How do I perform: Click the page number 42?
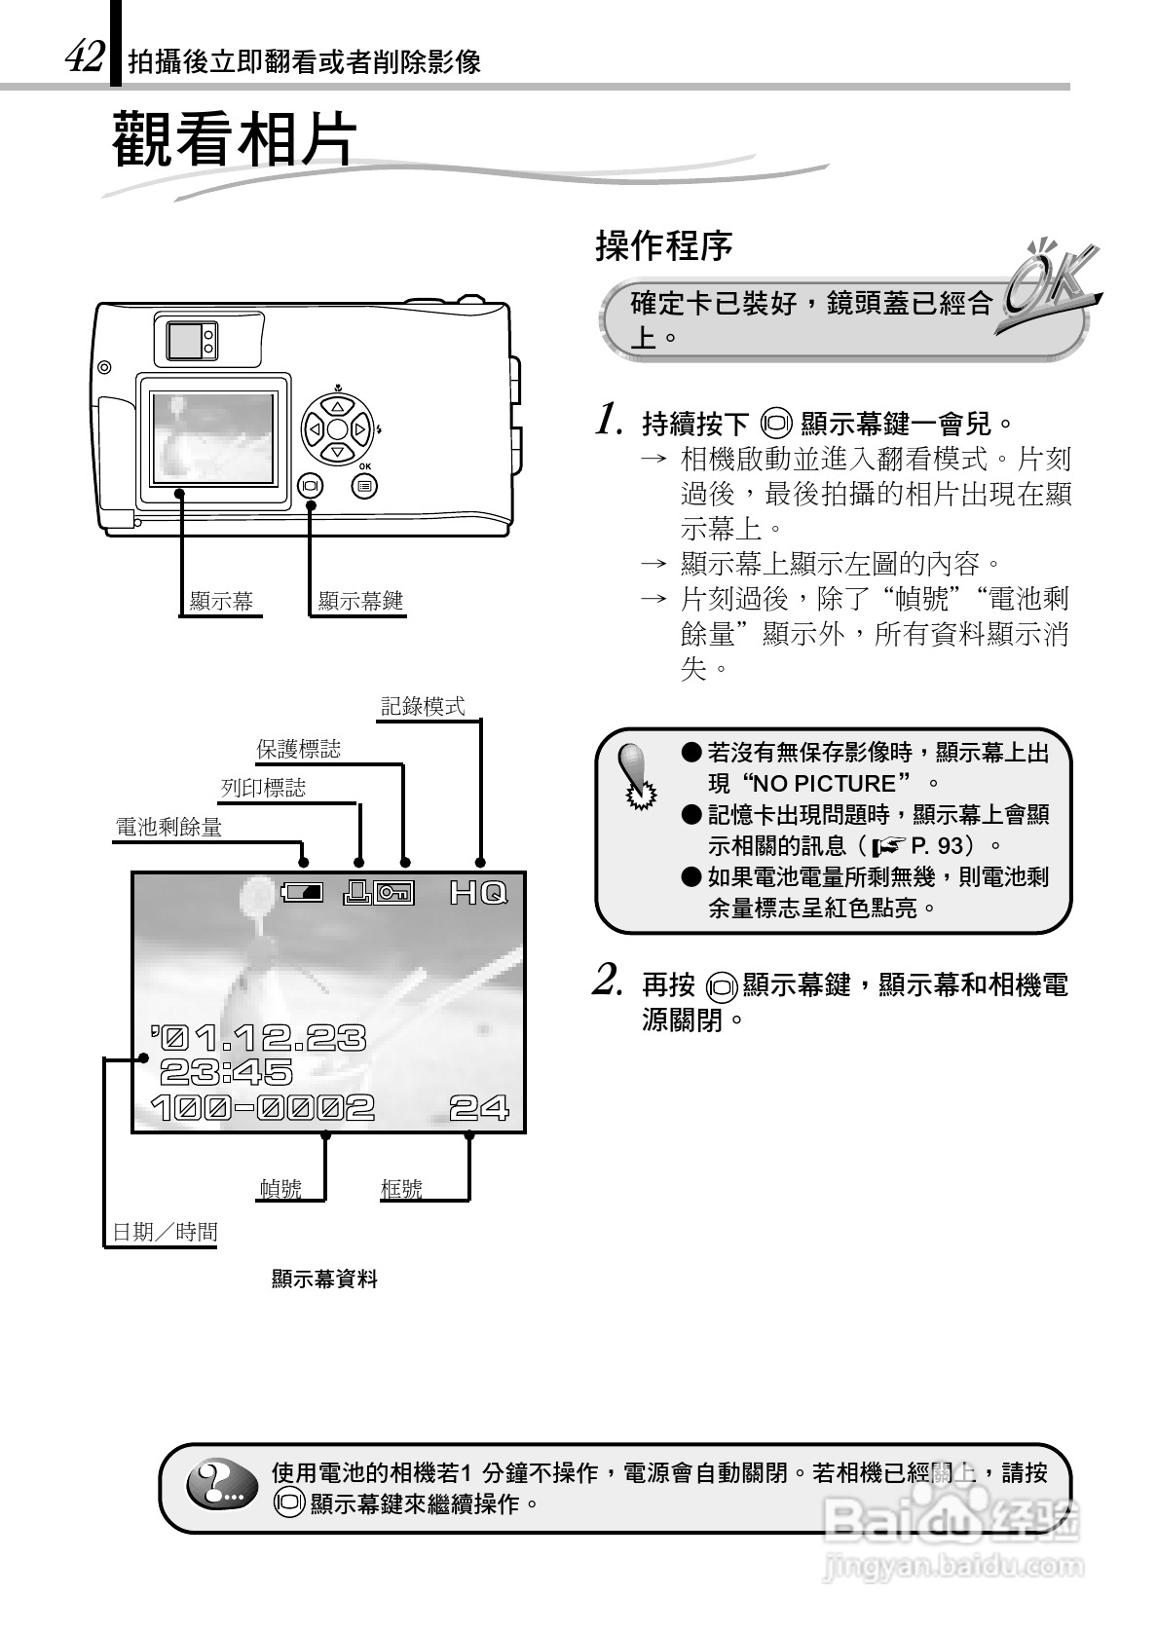[x=84, y=58]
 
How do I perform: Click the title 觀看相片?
[x=235, y=138]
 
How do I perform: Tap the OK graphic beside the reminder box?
[x=1048, y=282]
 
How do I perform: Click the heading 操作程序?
[x=663, y=246]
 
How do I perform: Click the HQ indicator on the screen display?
[x=478, y=892]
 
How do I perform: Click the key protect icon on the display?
[x=394, y=892]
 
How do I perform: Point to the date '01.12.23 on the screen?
[x=259, y=1038]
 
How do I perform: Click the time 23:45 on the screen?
[x=226, y=1072]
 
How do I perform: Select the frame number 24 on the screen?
[x=478, y=1107]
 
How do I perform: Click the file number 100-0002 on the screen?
[x=263, y=1107]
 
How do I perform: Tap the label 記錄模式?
[x=423, y=707]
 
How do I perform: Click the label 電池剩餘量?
[x=168, y=828]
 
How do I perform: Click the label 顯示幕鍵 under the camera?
[x=360, y=602]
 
